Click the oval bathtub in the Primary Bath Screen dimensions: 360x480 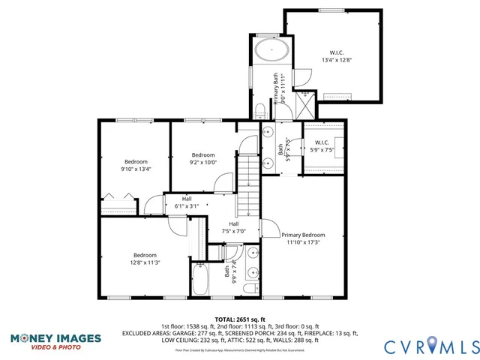pyautogui.click(x=271, y=51)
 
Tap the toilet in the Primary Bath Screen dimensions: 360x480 pyautogui.click(x=259, y=112)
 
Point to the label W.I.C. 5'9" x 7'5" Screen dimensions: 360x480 pyautogui.click(x=322, y=145)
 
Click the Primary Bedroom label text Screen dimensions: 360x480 pyautogui.click(x=303, y=238)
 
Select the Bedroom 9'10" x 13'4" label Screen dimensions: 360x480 pyautogui.click(x=136, y=165)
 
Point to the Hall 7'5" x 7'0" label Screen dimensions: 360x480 pyautogui.click(x=234, y=227)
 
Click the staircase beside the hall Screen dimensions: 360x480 pyautogui.click(x=248, y=184)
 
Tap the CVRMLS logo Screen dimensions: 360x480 pyautogui.click(x=430, y=346)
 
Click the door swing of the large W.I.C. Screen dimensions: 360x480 pyautogui.click(x=302, y=77)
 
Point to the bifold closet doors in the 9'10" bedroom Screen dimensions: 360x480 pyautogui.click(x=119, y=197)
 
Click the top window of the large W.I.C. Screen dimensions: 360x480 pyautogui.click(x=331, y=10)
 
